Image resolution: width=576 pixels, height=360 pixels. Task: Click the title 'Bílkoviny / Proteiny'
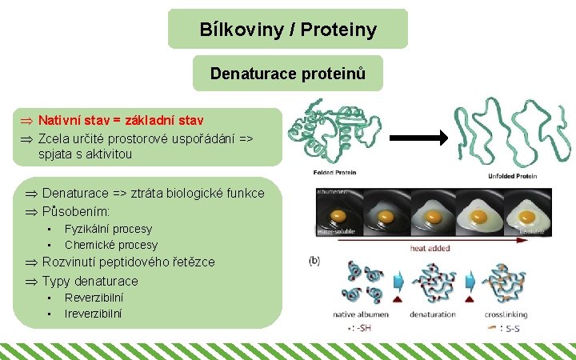coord(288,30)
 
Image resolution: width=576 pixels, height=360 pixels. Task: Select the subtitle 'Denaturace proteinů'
coord(288,74)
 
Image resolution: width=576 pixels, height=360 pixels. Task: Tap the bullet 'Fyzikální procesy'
coord(108,229)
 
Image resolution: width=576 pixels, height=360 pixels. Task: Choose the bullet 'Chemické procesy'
coord(111,245)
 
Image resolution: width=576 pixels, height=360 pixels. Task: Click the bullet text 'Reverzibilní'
coord(94,297)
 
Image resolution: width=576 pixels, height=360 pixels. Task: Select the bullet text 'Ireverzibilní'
coord(94,313)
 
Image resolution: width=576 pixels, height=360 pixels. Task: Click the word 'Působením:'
coord(76,212)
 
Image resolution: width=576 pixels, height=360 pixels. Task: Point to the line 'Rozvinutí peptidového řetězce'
coord(128,262)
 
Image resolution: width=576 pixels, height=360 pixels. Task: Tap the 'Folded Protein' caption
coord(334,173)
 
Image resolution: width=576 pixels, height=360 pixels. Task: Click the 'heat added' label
coord(430,248)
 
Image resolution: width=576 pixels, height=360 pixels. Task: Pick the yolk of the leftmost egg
coord(339,216)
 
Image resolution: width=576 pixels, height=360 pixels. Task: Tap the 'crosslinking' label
coord(505,314)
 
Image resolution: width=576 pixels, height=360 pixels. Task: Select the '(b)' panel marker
coord(314,260)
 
